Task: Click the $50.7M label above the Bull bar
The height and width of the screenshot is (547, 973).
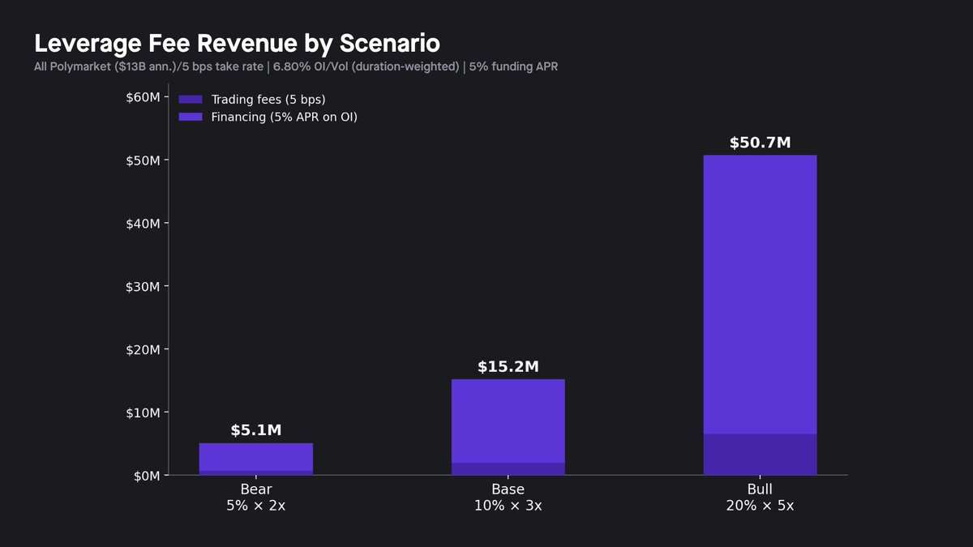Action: click(760, 143)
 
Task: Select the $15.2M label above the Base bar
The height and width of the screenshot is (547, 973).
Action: click(508, 367)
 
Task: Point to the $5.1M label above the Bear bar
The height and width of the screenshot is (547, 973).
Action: click(255, 430)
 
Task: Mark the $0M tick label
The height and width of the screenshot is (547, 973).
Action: click(145, 476)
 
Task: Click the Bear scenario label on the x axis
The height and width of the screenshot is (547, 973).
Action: click(256, 489)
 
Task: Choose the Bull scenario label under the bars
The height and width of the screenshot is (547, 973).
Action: click(760, 489)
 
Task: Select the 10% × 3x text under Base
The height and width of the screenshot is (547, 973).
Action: click(508, 506)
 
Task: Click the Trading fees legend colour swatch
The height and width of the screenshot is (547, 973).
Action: click(191, 100)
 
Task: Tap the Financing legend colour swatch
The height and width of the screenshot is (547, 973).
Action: click(191, 117)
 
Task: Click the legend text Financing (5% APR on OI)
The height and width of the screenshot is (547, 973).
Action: click(284, 117)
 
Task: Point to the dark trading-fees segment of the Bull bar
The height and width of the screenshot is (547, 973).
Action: click(760, 455)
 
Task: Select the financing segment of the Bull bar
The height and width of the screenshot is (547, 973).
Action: click(760, 292)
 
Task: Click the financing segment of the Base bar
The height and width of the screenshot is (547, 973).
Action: click(508, 421)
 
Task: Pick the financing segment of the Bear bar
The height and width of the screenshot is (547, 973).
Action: click(255, 457)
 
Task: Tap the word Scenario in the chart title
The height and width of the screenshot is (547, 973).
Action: click(387, 43)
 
